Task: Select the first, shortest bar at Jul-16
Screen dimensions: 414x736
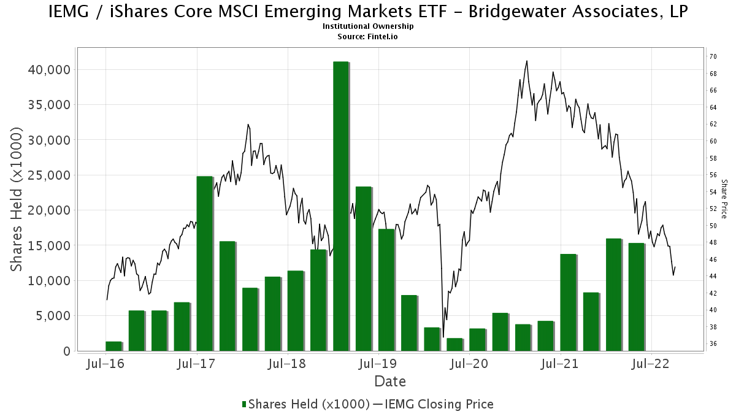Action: point(113,347)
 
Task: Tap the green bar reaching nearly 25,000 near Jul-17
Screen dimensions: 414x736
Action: point(204,264)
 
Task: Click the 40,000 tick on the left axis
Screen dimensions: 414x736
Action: point(51,70)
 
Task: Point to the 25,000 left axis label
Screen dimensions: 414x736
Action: point(51,175)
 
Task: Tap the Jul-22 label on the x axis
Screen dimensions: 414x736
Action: point(651,364)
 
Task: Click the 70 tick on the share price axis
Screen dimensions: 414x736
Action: point(713,56)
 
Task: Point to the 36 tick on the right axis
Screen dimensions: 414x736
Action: point(713,343)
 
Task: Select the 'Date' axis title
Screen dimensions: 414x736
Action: point(390,381)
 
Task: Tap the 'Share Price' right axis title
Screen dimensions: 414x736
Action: point(724,199)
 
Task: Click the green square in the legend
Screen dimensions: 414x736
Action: point(245,404)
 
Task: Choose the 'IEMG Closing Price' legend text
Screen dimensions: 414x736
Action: point(439,404)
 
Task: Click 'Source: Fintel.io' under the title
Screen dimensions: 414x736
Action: point(368,37)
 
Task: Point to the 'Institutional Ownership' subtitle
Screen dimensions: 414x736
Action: point(368,26)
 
